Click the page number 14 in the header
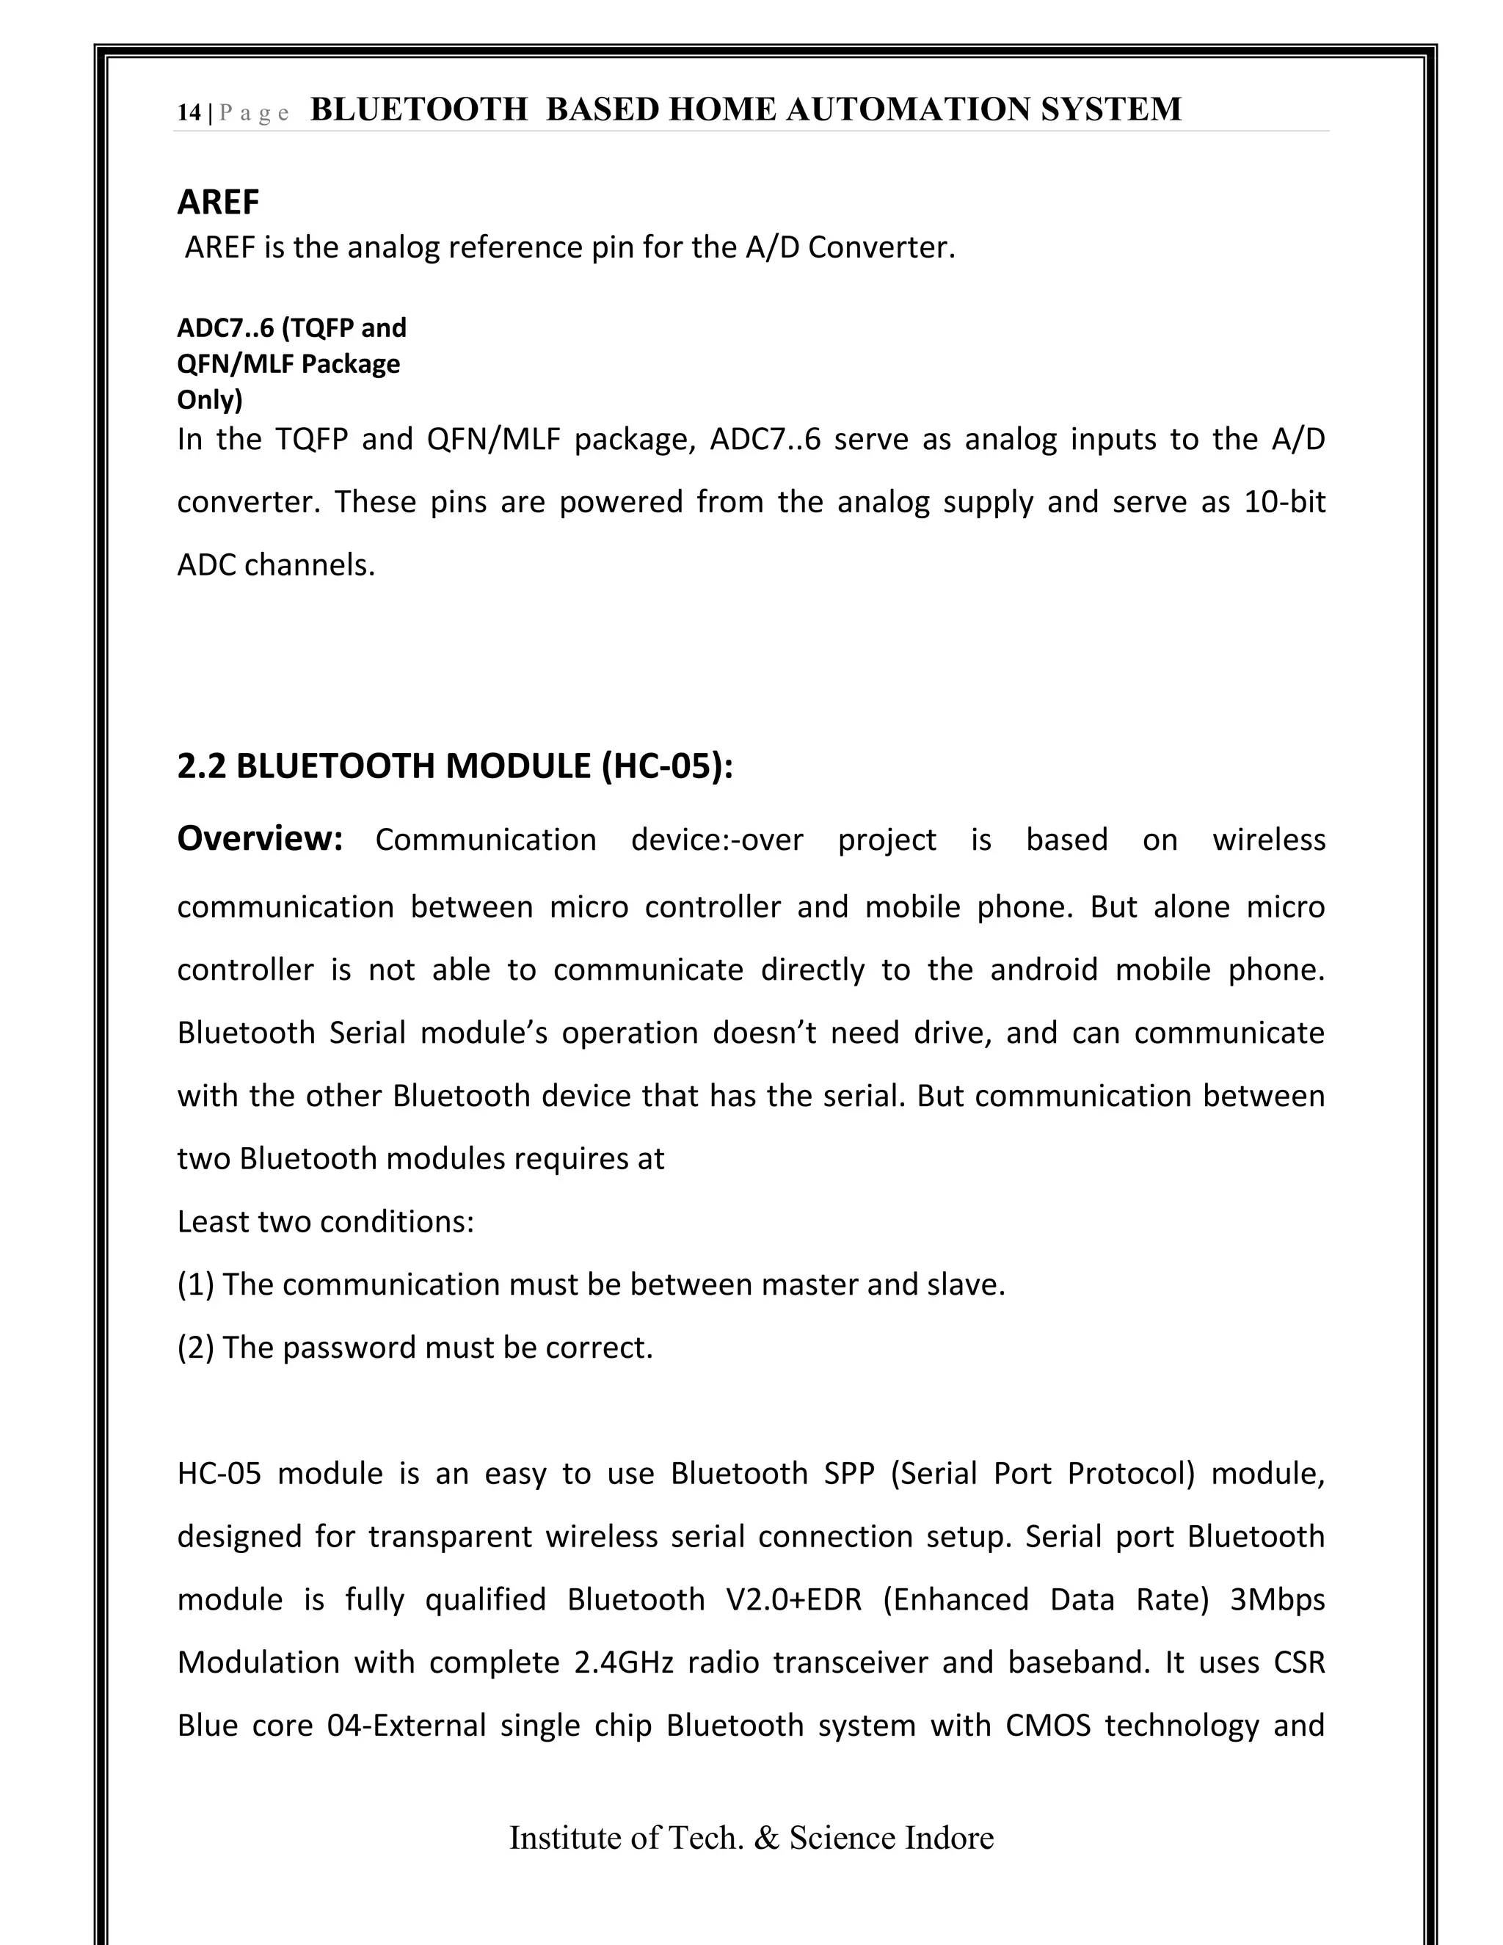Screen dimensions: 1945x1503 point(189,112)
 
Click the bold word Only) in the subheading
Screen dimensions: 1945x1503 point(209,399)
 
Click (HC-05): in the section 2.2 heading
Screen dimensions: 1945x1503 point(667,766)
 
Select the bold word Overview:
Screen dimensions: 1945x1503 point(260,838)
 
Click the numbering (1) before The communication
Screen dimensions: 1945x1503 point(195,1284)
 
